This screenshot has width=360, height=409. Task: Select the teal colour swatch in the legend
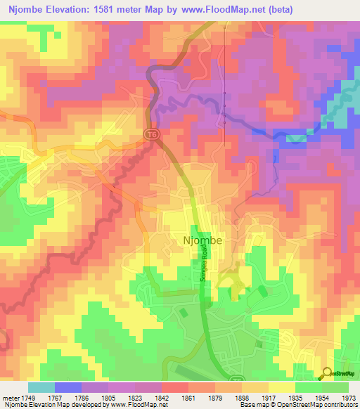pyautogui.click(x=41, y=387)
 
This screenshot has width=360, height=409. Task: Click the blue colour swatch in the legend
pyautogui.click(x=68, y=387)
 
